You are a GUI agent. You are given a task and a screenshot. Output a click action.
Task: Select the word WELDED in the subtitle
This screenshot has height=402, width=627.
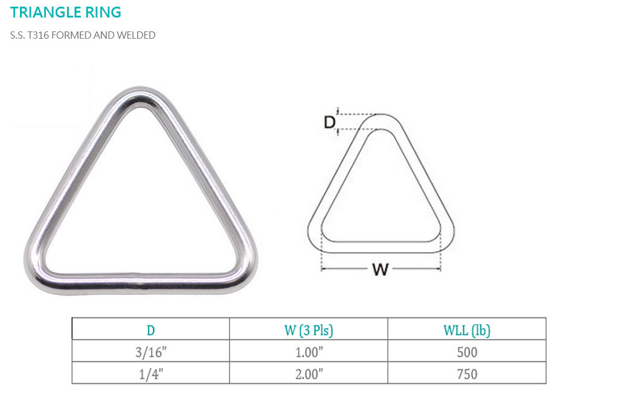tap(137, 35)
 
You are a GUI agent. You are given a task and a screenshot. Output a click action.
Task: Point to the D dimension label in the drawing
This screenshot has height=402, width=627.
tap(329, 122)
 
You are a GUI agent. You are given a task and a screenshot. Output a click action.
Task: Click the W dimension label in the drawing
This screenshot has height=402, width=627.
tap(380, 270)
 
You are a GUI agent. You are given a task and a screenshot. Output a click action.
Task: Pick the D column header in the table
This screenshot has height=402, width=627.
tap(150, 330)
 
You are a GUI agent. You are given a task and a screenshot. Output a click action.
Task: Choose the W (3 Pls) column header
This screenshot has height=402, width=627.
tap(309, 330)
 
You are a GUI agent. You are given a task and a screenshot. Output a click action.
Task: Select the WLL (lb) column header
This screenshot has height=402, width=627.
tap(467, 330)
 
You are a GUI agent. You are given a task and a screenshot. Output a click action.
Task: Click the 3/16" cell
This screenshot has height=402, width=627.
tap(150, 352)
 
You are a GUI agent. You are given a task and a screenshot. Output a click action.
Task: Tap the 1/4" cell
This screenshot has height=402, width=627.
tap(150, 374)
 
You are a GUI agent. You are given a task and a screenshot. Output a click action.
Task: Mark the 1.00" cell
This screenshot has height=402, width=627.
tap(309, 352)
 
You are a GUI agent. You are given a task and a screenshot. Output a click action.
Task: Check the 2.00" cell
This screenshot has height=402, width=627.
tap(309, 374)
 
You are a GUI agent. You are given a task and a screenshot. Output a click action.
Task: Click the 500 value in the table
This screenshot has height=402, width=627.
tap(467, 352)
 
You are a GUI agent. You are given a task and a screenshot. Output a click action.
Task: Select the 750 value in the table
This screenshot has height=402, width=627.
tap(467, 374)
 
